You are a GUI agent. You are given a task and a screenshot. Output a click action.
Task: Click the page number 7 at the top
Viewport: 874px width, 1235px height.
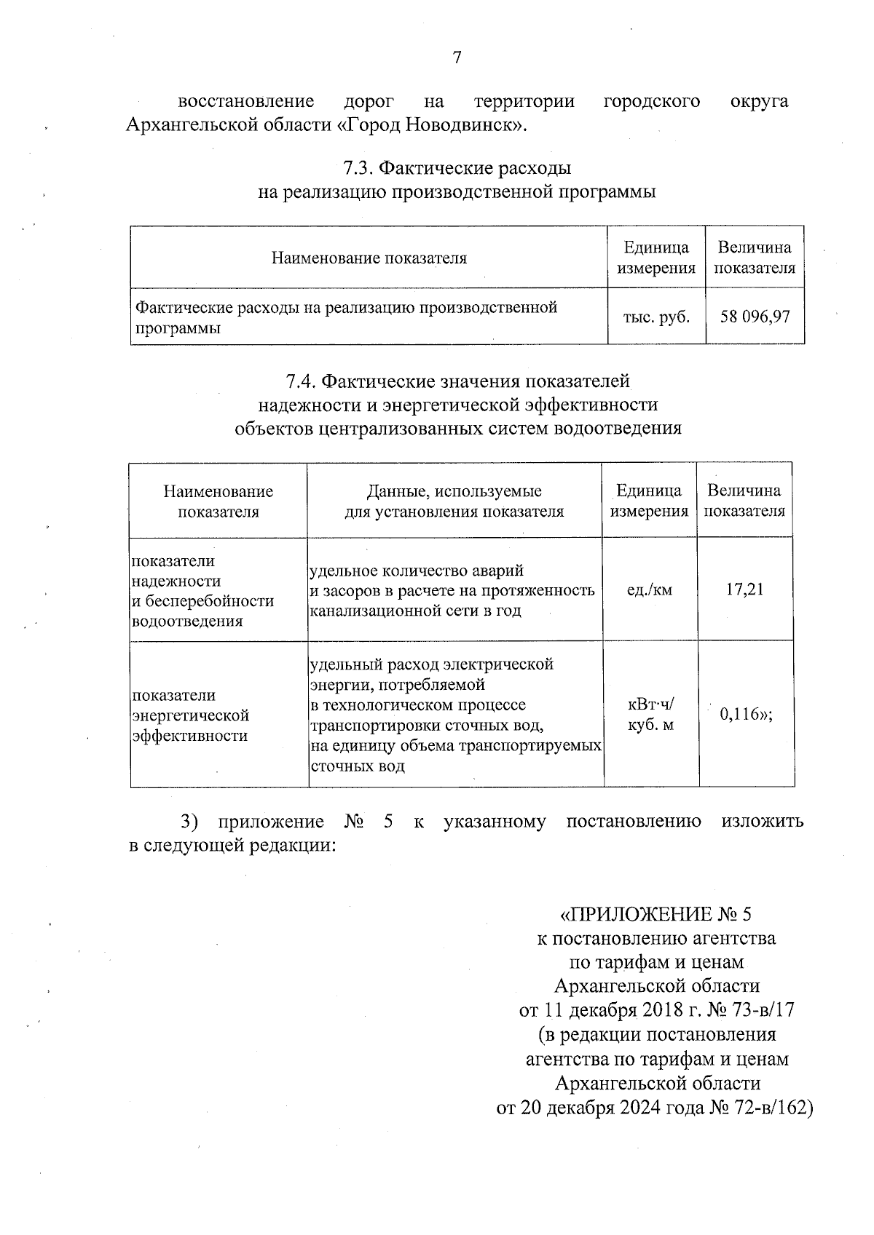click(x=457, y=57)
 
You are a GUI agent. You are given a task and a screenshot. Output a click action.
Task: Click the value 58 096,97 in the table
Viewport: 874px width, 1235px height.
click(x=755, y=317)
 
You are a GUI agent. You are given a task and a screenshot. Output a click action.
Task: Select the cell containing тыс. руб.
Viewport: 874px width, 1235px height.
click(x=656, y=317)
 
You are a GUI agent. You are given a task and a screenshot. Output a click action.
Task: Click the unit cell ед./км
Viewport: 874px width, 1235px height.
click(x=649, y=589)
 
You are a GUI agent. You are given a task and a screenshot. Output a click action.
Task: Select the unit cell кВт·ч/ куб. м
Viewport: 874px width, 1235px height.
click(x=650, y=715)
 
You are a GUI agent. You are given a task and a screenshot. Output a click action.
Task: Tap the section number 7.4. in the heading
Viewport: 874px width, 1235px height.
click(x=301, y=381)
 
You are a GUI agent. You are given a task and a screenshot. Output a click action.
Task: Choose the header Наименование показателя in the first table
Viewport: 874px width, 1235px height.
click(x=369, y=258)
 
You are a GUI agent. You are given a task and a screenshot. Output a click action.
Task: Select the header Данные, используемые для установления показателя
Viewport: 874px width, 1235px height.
click(x=454, y=501)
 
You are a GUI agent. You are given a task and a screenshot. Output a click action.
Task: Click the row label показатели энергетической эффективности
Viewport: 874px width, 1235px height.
click(x=191, y=715)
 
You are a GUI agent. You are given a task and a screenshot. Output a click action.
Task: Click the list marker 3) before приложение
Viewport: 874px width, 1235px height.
click(x=189, y=822)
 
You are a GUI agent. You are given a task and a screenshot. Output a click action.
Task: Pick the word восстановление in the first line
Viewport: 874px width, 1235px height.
click(x=246, y=101)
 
